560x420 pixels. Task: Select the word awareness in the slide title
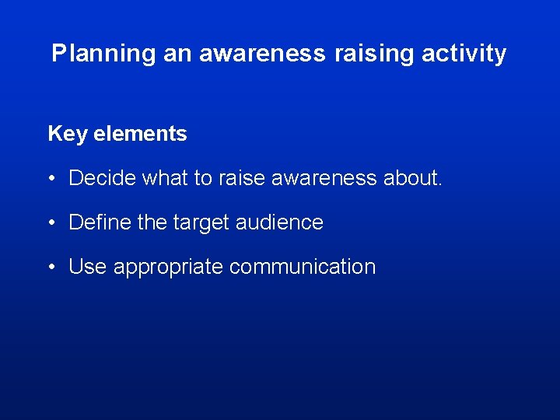[262, 54]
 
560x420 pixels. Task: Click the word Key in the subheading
[67, 134]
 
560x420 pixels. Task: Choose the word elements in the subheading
[140, 134]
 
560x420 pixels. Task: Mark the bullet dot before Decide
[51, 179]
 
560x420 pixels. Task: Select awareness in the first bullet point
[326, 178]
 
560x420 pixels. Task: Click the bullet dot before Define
[51, 223]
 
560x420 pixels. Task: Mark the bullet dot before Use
[51, 268]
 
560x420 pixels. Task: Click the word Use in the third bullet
[88, 267]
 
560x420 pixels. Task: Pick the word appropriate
[169, 268]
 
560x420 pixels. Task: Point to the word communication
[303, 267]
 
